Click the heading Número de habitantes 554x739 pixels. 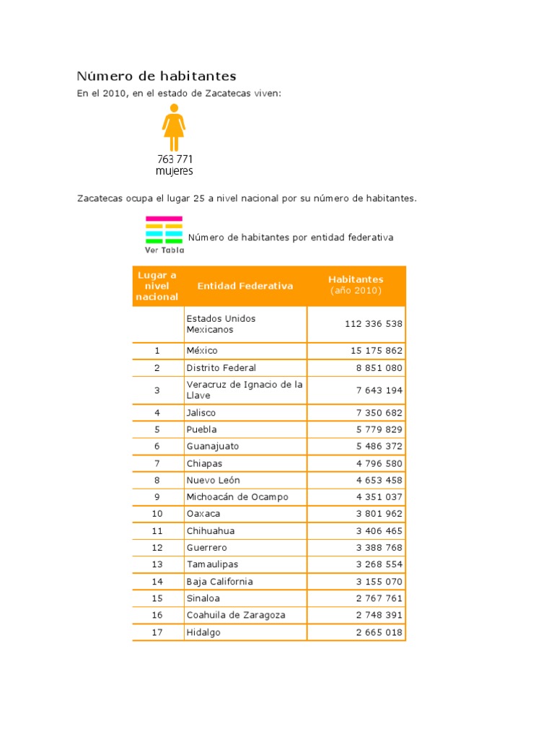click(x=157, y=76)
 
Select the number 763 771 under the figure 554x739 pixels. click(x=175, y=159)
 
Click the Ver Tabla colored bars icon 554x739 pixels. click(x=164, y=234)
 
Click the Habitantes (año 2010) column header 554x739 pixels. click(x=356, y=285)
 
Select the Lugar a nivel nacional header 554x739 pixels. click(x=157, y=286)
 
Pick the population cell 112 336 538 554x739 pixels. click(x=374, y=324)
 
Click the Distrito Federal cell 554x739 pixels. click(x=221, y=368)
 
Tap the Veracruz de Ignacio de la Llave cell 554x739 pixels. click(x=244, y=390)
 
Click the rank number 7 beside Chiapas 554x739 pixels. click(x=157, y=463)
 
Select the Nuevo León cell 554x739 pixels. click(x=213, y=480)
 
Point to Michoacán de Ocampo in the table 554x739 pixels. click(x=237, y=497)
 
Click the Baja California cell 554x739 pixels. click(x=219, y=582)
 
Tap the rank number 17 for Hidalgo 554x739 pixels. click(x=157, y=633)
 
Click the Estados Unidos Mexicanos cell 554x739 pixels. click(x=221, y=324)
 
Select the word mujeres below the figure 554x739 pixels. click(x=175, y=172)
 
